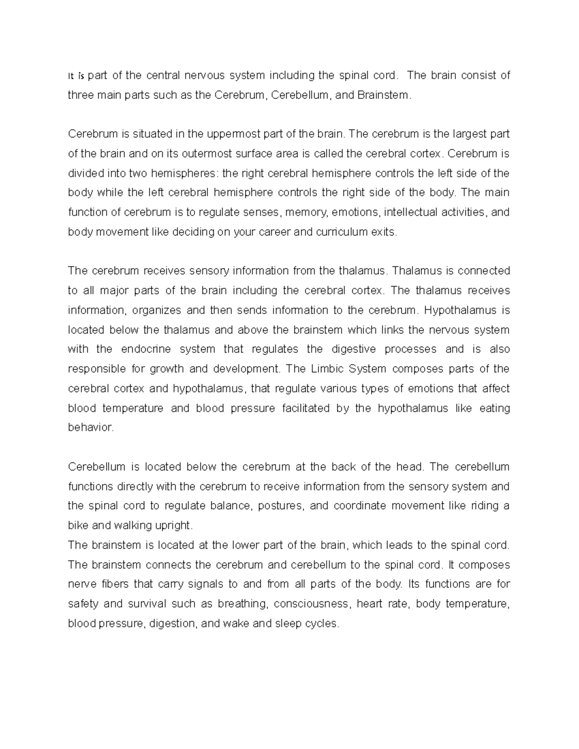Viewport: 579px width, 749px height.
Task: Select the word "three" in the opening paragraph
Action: point(80,95)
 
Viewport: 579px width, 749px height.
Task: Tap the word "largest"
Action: point(465,134)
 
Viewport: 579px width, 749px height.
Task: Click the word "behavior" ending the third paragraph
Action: point(90,428)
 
